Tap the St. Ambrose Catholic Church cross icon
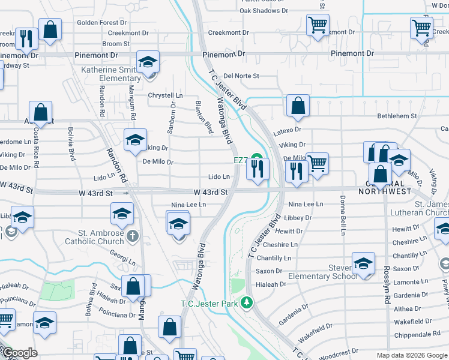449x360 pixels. click(133, 236)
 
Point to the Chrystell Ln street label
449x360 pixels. click(165, 95)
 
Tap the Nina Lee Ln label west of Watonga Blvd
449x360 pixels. click(188, 205)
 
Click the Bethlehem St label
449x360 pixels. click(397, 116)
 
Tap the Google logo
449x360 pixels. click(19, 353)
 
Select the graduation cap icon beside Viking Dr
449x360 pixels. click(136, 140)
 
